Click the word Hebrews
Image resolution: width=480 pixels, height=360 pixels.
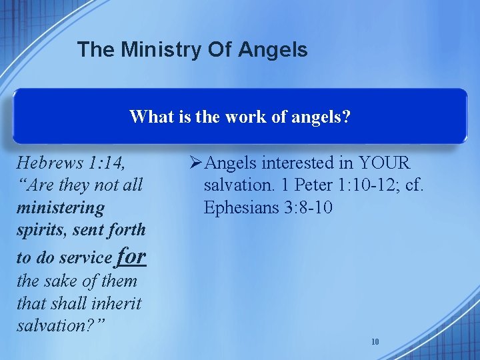[46, 162]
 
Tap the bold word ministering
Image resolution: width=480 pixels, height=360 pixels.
[61, 207]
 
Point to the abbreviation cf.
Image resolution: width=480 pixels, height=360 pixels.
[414, 185]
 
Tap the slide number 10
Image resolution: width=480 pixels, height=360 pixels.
[375, 342]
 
